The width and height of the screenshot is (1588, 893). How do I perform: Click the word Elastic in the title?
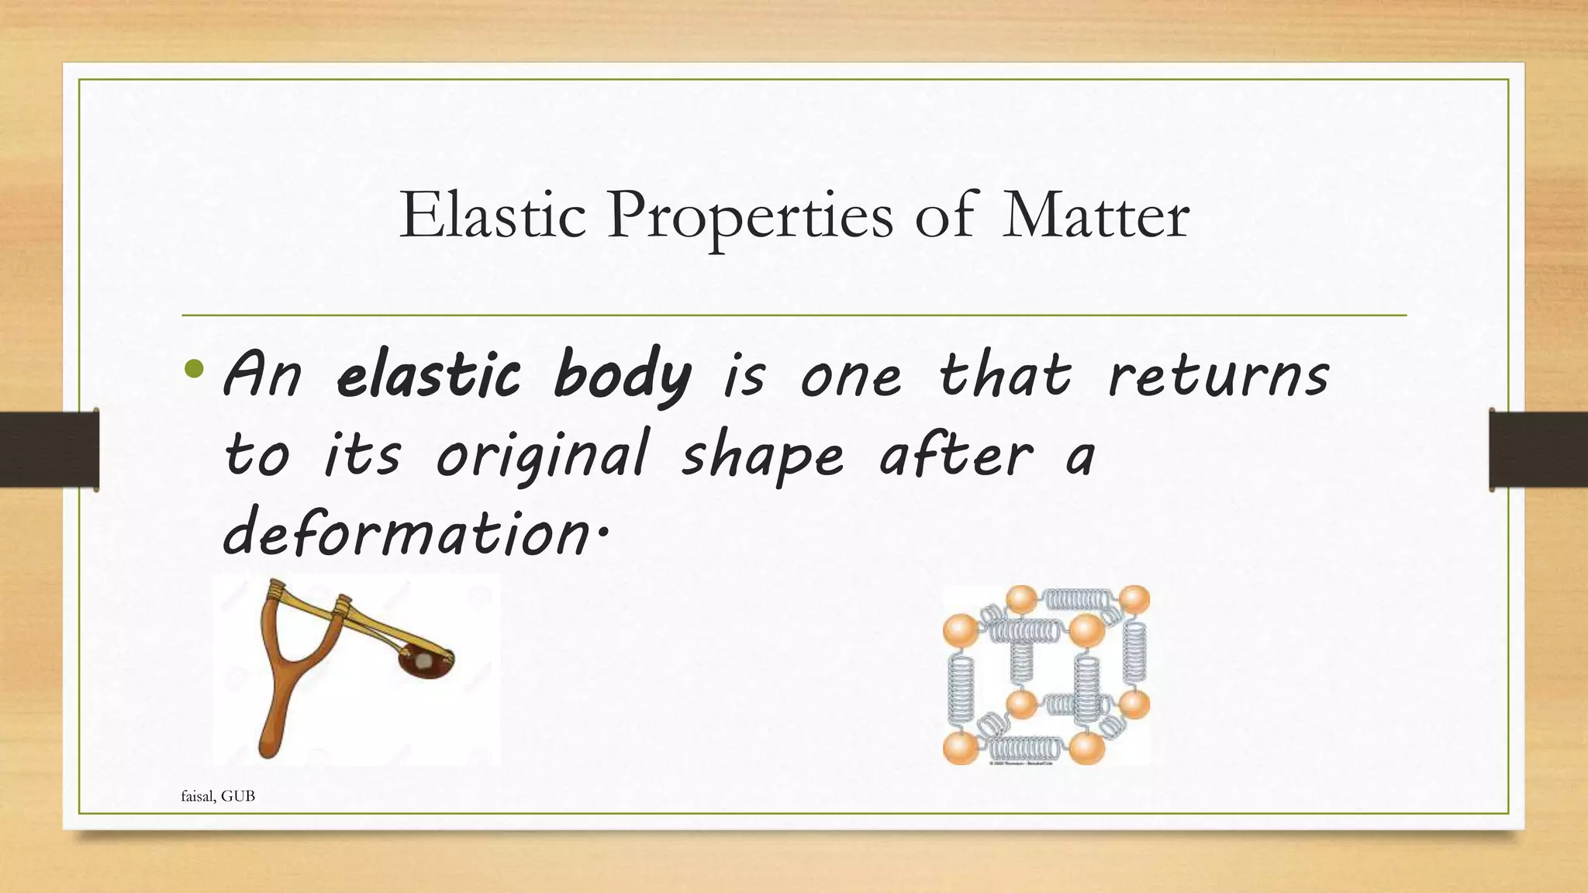point(492,215)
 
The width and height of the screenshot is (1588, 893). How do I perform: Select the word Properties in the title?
point(750,217)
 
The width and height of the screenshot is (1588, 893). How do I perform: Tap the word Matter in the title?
point(1095,215)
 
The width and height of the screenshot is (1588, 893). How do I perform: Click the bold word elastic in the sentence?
point(428,376)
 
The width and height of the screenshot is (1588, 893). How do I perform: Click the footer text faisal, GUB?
point(218,796)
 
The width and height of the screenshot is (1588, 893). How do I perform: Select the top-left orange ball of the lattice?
point(959,629)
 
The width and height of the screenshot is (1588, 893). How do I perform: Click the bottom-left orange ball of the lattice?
point(959,749)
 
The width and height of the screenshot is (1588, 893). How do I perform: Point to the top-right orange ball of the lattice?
point(1134,600)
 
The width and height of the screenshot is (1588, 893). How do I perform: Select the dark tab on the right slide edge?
point(1538,450)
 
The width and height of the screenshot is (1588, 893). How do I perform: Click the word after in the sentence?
point(956,456)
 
